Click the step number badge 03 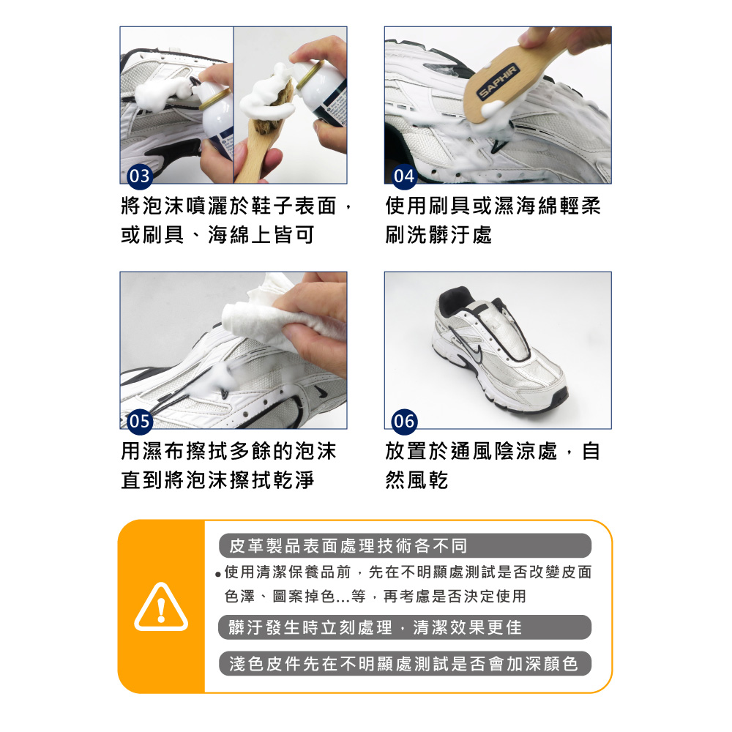pos(139,176)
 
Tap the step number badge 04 pos(404,176)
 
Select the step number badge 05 pos(139,422)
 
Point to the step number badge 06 pos(404,422)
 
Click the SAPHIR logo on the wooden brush pos(498,82)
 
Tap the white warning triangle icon pos(161,607)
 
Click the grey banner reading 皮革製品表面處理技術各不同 pos(405,546)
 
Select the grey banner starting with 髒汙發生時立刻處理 pos(405,627)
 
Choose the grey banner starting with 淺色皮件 pos(405,663)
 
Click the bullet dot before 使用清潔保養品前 pos(218,574)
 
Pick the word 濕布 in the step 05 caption pos(154,451)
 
